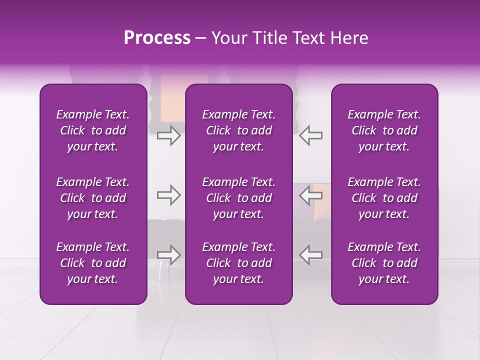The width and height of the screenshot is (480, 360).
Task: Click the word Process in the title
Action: [157, 38]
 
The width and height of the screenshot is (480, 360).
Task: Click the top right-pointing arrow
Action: [168, 135]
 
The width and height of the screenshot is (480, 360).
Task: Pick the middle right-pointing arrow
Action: [168, 195]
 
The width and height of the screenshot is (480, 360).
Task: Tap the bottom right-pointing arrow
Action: [168, 254]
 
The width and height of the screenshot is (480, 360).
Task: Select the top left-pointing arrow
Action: [311, 135]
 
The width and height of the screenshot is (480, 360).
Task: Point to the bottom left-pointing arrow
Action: [311, 254]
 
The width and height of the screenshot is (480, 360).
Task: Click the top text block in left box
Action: [93, 130]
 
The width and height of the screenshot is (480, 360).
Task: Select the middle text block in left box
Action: [93, 198]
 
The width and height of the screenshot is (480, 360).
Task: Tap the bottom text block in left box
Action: [93, 263]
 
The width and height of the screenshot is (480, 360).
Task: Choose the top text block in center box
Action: [238, 130]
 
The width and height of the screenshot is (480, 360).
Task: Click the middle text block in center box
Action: [238, 198]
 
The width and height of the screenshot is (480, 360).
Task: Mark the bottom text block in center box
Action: [238, 263]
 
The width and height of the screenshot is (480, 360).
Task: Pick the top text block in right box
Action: [384, 130]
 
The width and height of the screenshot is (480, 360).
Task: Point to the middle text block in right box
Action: [384, 198]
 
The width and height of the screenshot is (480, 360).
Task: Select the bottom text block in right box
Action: [384, 263]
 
